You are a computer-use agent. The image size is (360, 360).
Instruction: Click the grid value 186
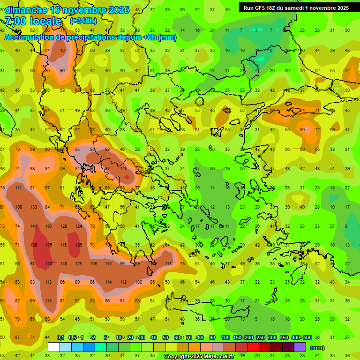(78, 245)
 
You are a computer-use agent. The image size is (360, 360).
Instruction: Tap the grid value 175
(49, 245)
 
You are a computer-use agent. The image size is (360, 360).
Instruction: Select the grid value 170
(49, 263)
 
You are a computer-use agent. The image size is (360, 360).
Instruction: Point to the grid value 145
(124, 169)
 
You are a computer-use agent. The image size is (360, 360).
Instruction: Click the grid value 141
(34, 226)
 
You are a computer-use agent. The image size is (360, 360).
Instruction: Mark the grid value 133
(34, 207)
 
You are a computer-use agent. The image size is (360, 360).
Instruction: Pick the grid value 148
(64, 263)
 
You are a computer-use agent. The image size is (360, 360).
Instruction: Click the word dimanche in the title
(26, 10)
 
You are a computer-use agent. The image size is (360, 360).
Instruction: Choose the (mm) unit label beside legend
(317, 348)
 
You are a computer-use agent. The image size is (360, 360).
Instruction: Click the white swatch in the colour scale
(54, 347)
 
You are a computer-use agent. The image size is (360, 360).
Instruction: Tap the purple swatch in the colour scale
(300, 347)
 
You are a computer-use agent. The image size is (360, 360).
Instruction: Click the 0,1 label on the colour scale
(60, 337)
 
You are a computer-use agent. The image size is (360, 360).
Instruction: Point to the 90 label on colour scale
(212, 337)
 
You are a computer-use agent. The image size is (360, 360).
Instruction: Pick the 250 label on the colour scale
(260, 337)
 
